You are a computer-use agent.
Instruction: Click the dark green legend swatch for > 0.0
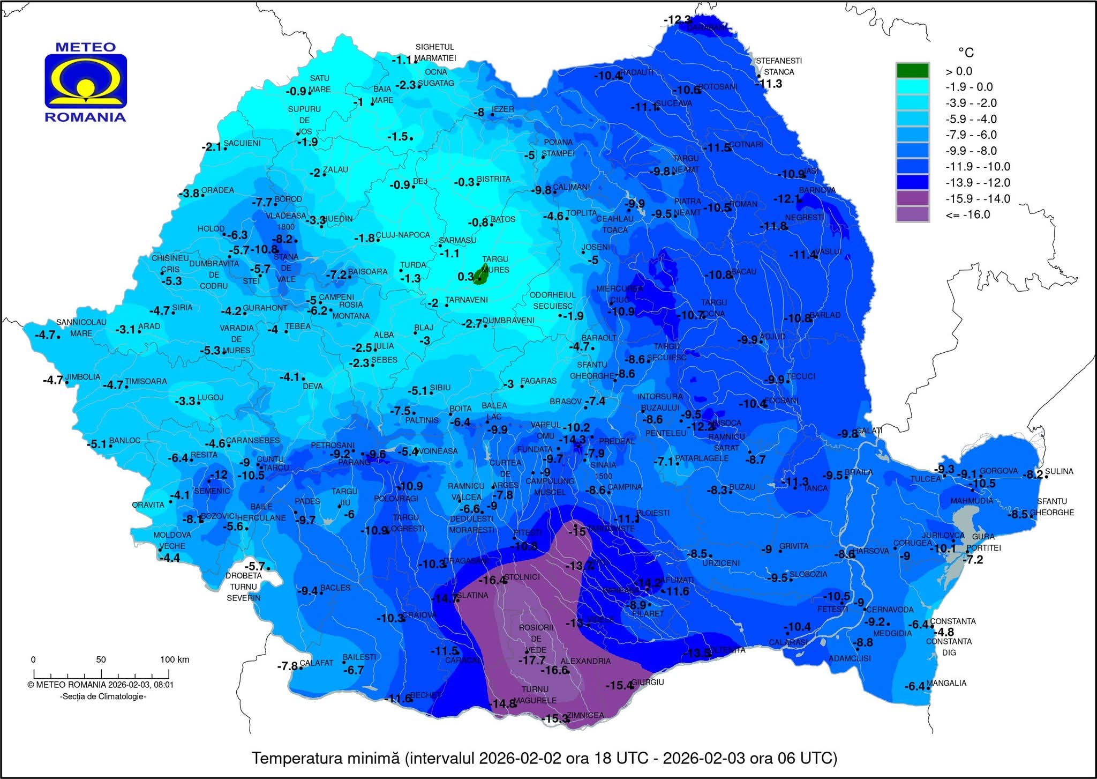pos(912,71)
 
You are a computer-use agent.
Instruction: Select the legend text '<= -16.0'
pos(967,214)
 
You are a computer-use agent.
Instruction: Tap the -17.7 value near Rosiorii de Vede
pos(531,661)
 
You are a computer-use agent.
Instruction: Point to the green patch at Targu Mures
pos(483,274)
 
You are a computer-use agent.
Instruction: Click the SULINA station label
pos(1059,471)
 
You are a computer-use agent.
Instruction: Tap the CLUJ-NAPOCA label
pos(403,235)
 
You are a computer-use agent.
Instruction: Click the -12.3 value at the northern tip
pos(677,20)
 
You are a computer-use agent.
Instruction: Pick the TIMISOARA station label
pos(146,381)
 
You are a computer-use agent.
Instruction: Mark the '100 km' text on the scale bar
pos(175,659)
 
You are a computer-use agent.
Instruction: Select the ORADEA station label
pos(217,190)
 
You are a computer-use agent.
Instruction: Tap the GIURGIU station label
pos(648,682)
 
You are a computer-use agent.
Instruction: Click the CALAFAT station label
pos(316,663)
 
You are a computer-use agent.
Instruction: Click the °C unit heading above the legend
pos(966,53)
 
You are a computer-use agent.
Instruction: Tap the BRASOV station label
pos(566,402)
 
